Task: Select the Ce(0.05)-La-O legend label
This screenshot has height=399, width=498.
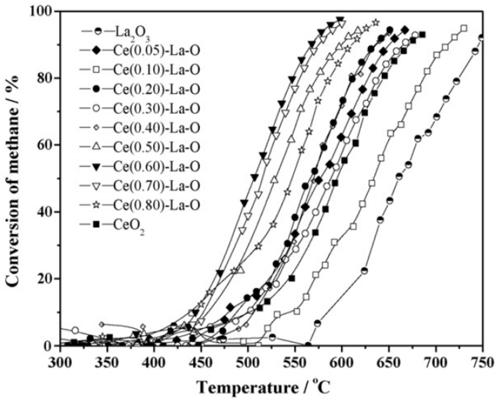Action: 156,50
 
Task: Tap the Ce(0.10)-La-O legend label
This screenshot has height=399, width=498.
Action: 156,70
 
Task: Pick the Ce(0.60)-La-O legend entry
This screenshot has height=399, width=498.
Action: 156,166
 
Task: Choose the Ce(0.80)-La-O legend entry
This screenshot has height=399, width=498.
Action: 156,205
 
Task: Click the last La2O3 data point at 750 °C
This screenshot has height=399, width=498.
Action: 482,38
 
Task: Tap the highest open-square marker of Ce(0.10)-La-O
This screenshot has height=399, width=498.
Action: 464,28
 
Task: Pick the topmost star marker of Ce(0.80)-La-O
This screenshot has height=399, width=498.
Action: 376,23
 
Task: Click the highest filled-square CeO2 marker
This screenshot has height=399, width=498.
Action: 422,35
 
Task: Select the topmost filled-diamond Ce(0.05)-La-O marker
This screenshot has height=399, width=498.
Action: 405,30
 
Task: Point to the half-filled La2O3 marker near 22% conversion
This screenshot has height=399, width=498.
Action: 364,271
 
